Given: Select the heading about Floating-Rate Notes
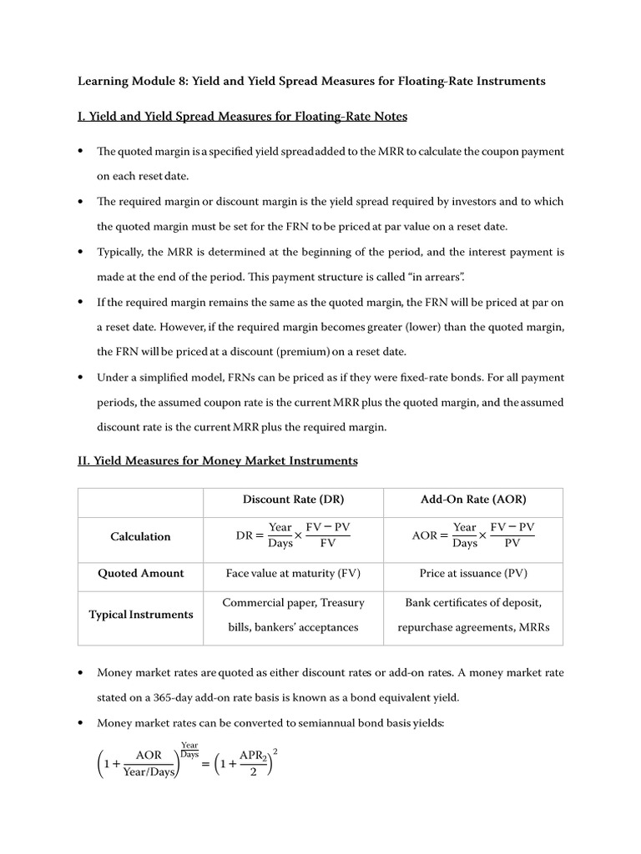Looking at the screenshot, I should tap(242, 117).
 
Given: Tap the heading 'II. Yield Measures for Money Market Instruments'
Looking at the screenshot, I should tap(217, 460).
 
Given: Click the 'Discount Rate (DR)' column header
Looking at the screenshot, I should tap(293, 500).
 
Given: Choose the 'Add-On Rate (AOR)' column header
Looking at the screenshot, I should tap(473, 500).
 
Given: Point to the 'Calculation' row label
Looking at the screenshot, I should tap(140, 536).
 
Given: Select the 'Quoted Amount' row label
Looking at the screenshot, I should tap(140, 574).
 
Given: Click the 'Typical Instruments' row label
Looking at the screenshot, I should tap(140, 615).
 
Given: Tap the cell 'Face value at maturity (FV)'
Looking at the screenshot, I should tap(293, 574).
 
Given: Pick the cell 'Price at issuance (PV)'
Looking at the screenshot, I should tap(473, 574).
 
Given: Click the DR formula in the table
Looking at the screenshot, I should tap(293, 535).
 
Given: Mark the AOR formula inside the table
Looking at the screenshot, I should tap(473, 535).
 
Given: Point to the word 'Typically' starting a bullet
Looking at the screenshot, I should tap(122, 251).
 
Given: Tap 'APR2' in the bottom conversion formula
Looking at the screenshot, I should tap(251, 756).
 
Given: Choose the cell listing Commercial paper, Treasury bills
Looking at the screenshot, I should tap(293, 615).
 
